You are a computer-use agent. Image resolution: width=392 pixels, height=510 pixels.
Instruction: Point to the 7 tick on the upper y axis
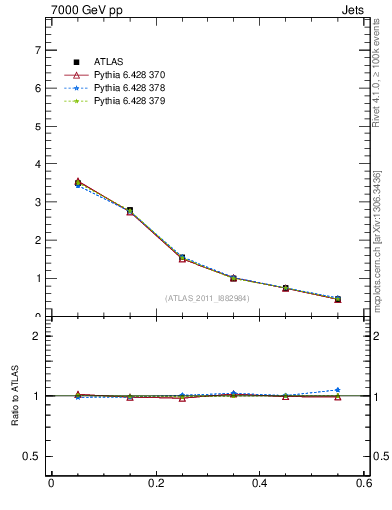[x=37, y=50]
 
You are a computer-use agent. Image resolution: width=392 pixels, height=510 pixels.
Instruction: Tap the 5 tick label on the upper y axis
[x=37, y=127]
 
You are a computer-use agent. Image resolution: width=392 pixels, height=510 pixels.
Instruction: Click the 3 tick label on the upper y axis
[x=37, y=202]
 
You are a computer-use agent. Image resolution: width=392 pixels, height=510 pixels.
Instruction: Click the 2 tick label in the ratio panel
[x=37, y=336]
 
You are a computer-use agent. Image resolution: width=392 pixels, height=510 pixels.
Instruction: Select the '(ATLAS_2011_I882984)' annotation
[x=206, y=298]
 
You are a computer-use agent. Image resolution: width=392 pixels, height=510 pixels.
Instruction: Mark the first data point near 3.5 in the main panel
[x=78, y=183]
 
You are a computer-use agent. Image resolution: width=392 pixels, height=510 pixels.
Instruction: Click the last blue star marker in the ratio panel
[x=338, y=390]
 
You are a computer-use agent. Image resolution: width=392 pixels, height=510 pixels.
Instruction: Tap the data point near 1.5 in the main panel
[x=182, y=258]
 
